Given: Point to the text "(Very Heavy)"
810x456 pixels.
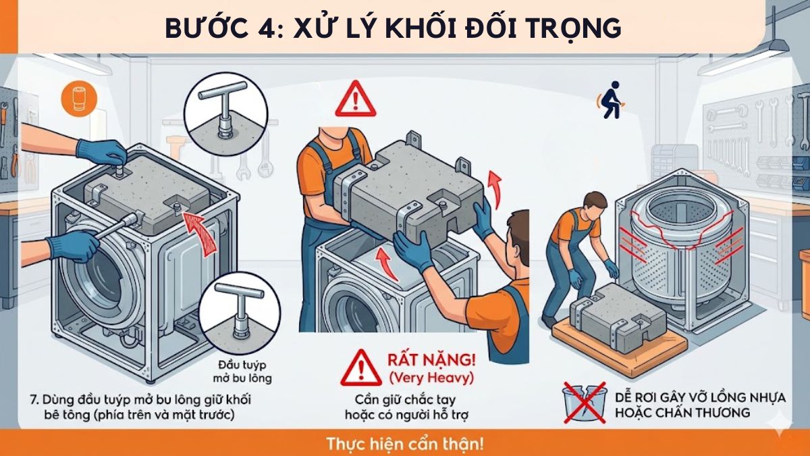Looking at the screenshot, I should click(431, 376).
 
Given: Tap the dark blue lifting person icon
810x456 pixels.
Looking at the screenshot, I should click(610, 100).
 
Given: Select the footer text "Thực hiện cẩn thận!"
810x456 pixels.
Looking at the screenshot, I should click(405, 445).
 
